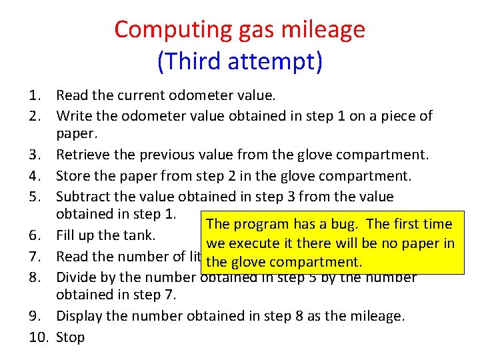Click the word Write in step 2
click(73, 116)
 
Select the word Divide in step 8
click(76, 277)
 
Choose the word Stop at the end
click(71, 337)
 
